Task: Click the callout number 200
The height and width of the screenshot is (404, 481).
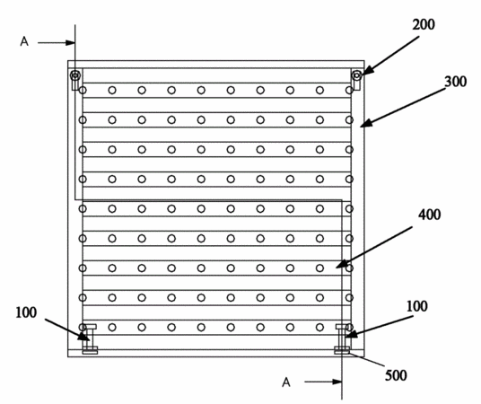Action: point(424,24)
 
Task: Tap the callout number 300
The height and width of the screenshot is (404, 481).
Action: point(456,82)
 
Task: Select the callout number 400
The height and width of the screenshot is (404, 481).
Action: point(430,215)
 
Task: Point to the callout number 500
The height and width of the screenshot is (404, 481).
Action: point(396,375)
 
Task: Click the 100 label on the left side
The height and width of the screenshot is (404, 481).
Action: point(26,312)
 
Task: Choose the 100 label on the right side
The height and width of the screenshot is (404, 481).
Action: point(417,306)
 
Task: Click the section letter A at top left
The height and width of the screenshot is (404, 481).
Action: point(24,41)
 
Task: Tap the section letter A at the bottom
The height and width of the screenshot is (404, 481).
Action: point(286,382)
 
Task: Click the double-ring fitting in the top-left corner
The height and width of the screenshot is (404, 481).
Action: point(75,75)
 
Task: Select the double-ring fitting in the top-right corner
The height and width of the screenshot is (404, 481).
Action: point(357,75)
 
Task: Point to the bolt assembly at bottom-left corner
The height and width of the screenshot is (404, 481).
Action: point(90,339)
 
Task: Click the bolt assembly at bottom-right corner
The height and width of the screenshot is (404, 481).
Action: point(342,339)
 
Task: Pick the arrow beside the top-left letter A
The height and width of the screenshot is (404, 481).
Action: point(57,43)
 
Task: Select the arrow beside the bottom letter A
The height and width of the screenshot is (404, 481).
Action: point(323,382)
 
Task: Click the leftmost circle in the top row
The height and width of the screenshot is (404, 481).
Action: point(83,91)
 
